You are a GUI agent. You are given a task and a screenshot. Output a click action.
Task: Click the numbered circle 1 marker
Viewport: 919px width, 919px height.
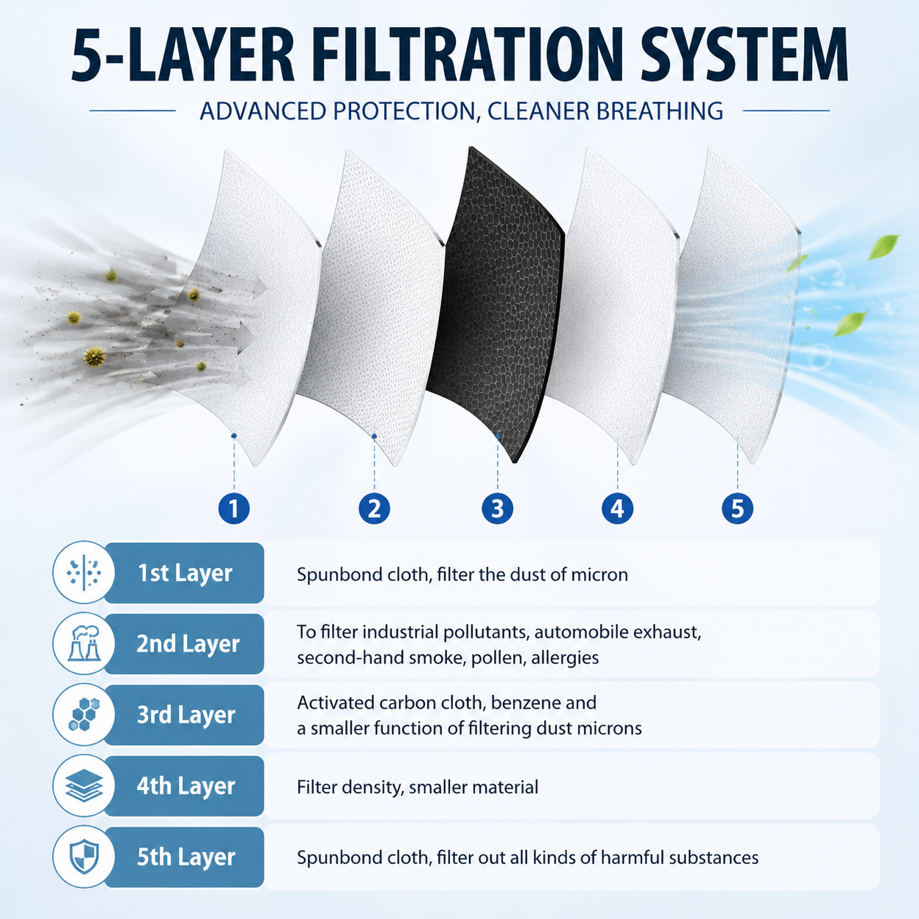(234, 509)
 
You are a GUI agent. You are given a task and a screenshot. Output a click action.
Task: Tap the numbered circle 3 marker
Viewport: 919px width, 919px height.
(498, 509)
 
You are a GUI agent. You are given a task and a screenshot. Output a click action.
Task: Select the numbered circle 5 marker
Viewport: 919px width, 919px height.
(737, 509)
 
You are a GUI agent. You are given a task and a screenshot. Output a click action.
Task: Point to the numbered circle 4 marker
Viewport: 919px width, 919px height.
(618, 509)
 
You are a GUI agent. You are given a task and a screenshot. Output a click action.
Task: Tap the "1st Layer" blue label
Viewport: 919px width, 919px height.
(185, 573)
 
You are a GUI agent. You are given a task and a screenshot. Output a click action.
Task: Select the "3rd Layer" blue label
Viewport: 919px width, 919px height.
(185, 715)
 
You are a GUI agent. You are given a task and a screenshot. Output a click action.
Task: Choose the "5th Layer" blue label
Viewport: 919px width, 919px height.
(185, 857)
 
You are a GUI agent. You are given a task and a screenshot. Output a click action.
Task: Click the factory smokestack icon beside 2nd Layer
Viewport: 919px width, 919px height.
(84, 643)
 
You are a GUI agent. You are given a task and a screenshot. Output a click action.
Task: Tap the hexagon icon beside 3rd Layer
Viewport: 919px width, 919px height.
(84, 715)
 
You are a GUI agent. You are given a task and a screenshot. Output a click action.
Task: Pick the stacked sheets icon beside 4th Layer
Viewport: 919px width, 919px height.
(84, 786)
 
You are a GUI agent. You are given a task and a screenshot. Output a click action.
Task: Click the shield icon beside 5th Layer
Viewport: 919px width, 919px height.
(84, 857)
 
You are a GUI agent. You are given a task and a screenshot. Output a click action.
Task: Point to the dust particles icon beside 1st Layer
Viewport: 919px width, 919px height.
(84, 572)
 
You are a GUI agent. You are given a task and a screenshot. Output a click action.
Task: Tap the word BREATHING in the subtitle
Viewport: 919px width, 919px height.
(660, 111)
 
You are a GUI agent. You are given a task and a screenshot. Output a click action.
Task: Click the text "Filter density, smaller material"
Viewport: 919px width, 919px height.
(417, 787)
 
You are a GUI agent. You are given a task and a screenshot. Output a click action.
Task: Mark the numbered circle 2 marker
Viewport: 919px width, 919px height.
(374, 509)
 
